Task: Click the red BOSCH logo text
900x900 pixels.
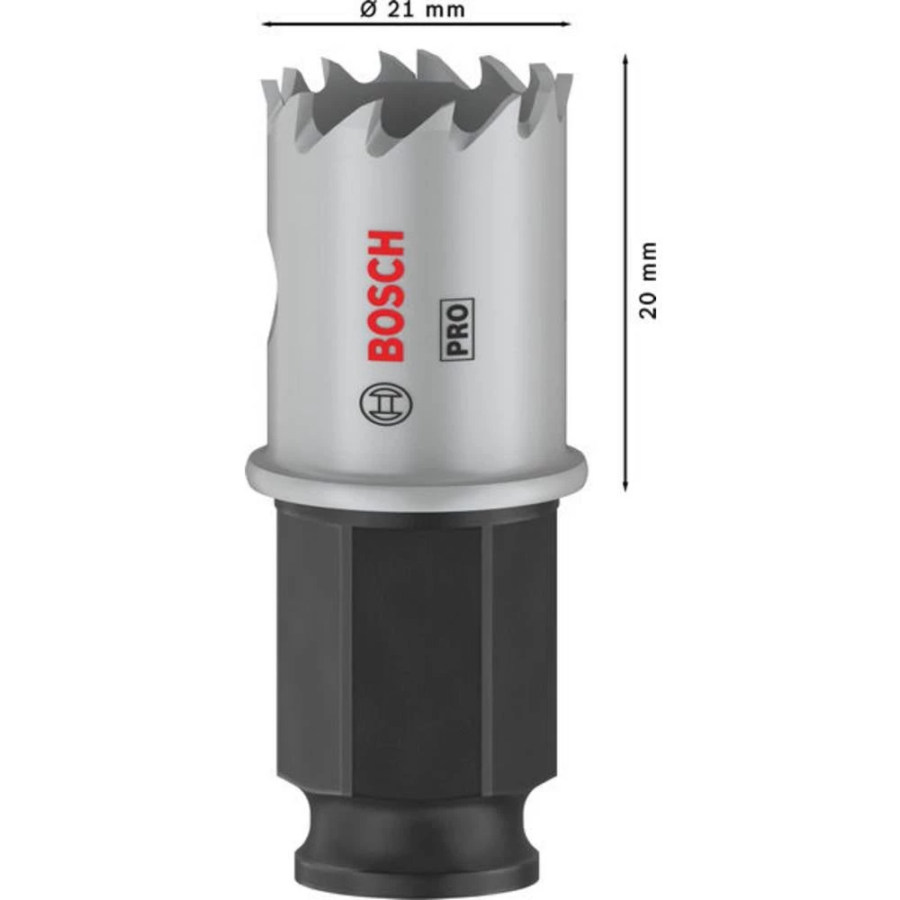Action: click(x=386, y=296)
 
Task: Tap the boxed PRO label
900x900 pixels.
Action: click(x=457, y=331)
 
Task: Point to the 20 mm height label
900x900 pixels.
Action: click(x=649, y=279)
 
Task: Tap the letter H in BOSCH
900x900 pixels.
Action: click(x=386, y=244)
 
